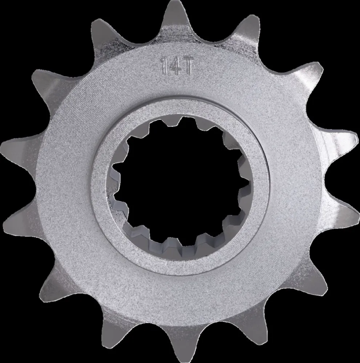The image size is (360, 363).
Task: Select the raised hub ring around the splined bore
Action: click(182, 109)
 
